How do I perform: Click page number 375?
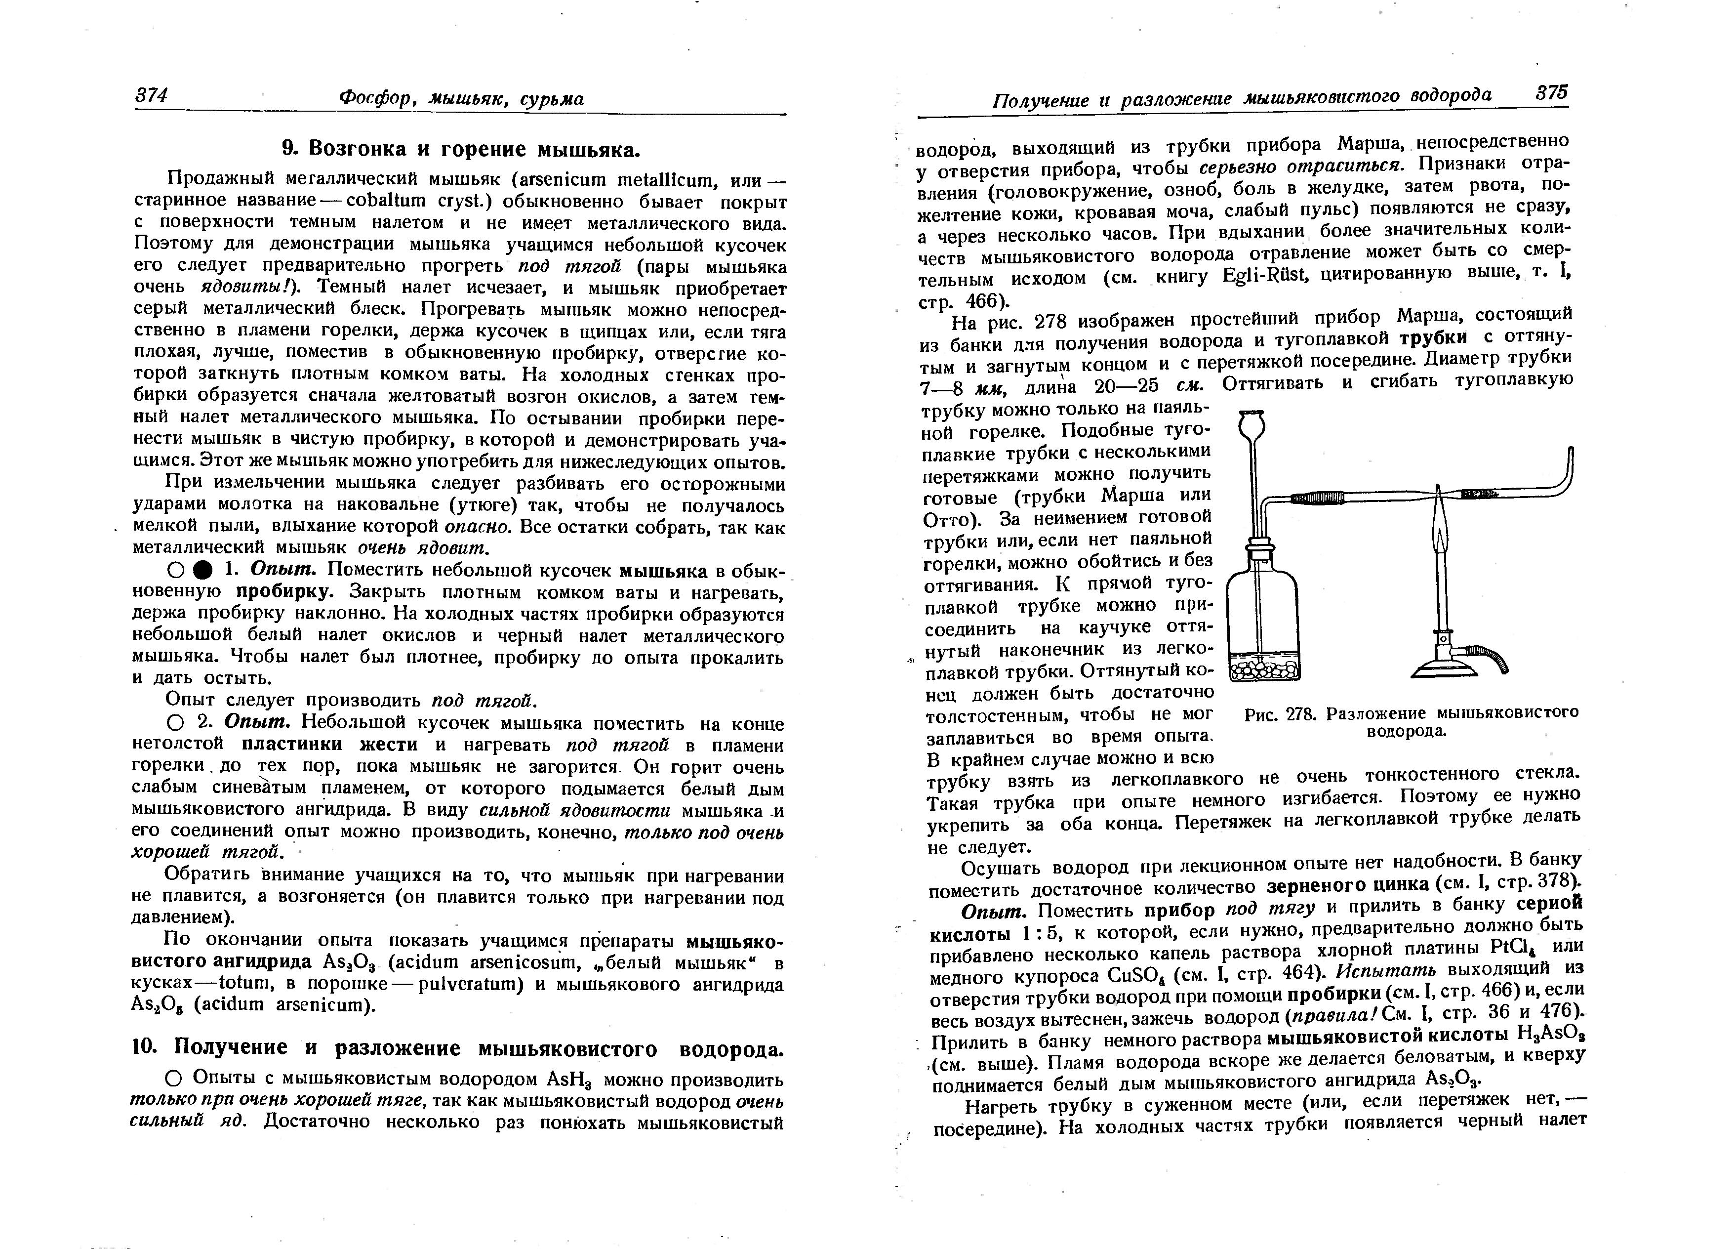point(1551,93)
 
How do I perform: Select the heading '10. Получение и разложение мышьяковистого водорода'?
point(458,1047)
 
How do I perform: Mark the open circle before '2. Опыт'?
point(174,723)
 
